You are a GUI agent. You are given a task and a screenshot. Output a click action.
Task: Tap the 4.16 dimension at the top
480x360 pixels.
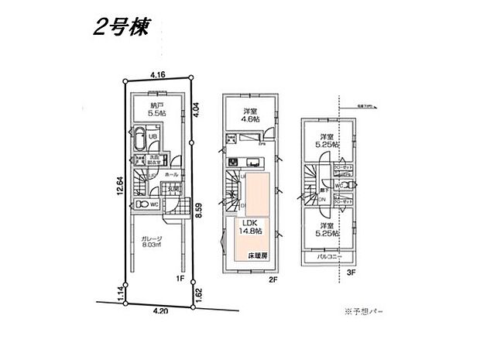158,75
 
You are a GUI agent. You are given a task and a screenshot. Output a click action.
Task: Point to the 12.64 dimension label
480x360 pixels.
113,187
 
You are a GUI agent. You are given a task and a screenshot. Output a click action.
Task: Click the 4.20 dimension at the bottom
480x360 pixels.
160,311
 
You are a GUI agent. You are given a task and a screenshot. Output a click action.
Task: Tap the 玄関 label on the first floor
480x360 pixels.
175,188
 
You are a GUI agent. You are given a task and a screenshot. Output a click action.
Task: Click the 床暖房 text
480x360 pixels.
258,255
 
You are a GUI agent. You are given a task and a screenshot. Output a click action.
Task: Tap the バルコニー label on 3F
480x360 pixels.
331,255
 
